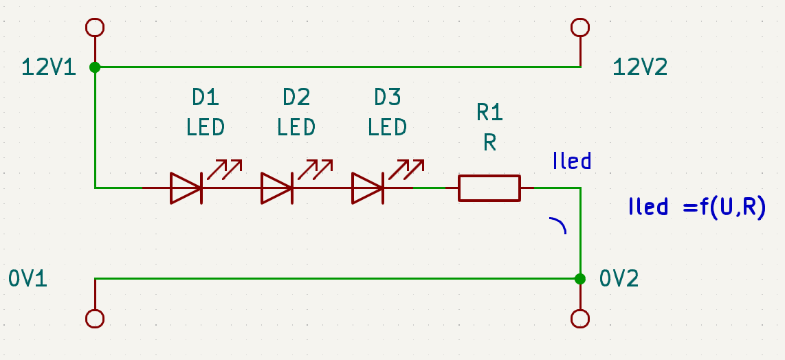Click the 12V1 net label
click(49, 67)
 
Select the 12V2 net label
click(639, 67)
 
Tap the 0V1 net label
click(28, 278)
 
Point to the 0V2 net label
click(619, 278)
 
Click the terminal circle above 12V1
click(95, 27)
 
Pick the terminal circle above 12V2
click(581, 27)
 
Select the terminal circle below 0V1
click(95, 319)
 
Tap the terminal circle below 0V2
click(581, 319)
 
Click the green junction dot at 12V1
click(95, 67)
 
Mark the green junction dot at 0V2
click(581, 278)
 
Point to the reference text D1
click(205, 98)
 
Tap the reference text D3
click(387, 98)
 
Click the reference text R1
click(489, 112)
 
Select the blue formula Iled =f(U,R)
click(697, 207)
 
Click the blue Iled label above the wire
click(572, 161)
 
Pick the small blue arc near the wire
click(559, 225)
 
